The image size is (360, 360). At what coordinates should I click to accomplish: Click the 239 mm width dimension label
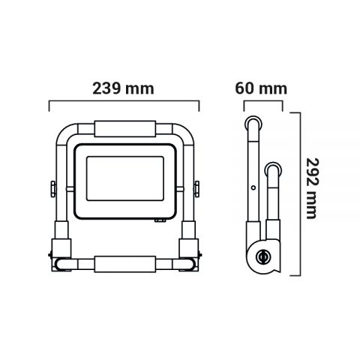(124, 88)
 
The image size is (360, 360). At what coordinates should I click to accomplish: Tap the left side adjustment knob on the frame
(51, 187)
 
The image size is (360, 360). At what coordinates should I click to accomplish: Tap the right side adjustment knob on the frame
(197, 187)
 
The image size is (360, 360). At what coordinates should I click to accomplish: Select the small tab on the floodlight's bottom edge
(160, 220)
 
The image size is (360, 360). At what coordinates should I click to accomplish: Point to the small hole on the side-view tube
(253, 187)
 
